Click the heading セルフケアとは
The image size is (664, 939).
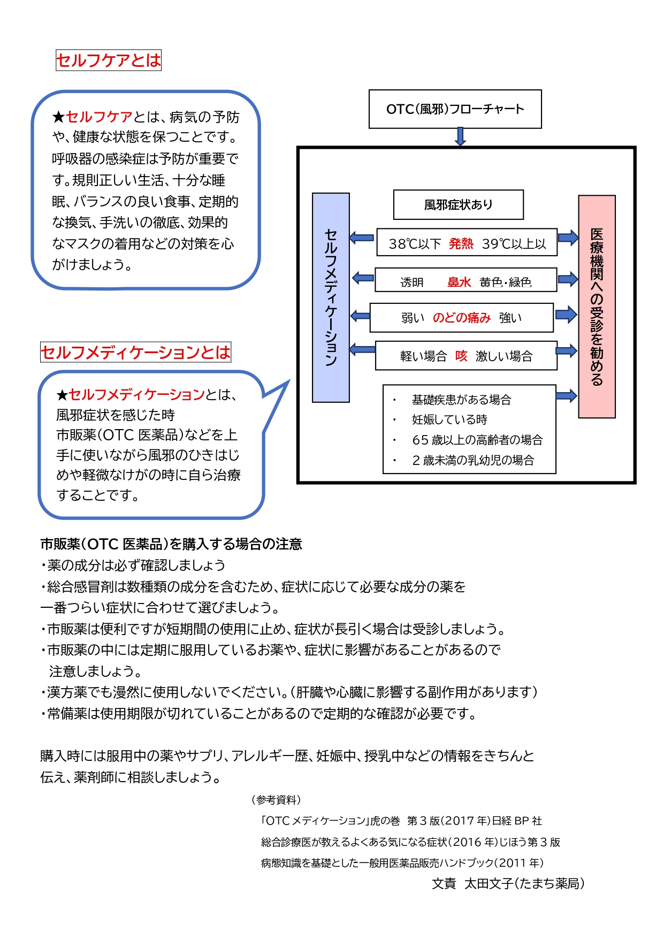[109, 60]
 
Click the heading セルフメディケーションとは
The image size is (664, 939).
[135, 352]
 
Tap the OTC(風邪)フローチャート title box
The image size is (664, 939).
[455, 109]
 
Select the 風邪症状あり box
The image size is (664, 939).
[458, 204]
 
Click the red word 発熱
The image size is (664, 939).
[461, 244]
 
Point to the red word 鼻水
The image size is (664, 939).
[459, 282]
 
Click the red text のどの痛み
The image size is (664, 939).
[461, 318]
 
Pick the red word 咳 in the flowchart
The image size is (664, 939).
[461, 356]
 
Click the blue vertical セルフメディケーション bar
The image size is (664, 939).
[331, 297]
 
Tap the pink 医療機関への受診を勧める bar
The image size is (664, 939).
[597, 307]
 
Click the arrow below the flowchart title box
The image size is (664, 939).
[460, 136]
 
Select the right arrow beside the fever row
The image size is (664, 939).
[568, 238]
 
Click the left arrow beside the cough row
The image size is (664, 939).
[362, 350]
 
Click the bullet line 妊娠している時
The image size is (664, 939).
[449, 419]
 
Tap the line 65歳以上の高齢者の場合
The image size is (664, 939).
[477, 440]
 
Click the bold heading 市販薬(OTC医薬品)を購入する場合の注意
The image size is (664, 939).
[171, 544]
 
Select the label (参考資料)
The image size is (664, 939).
[276, 799]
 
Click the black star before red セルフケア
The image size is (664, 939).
[58, 117]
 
